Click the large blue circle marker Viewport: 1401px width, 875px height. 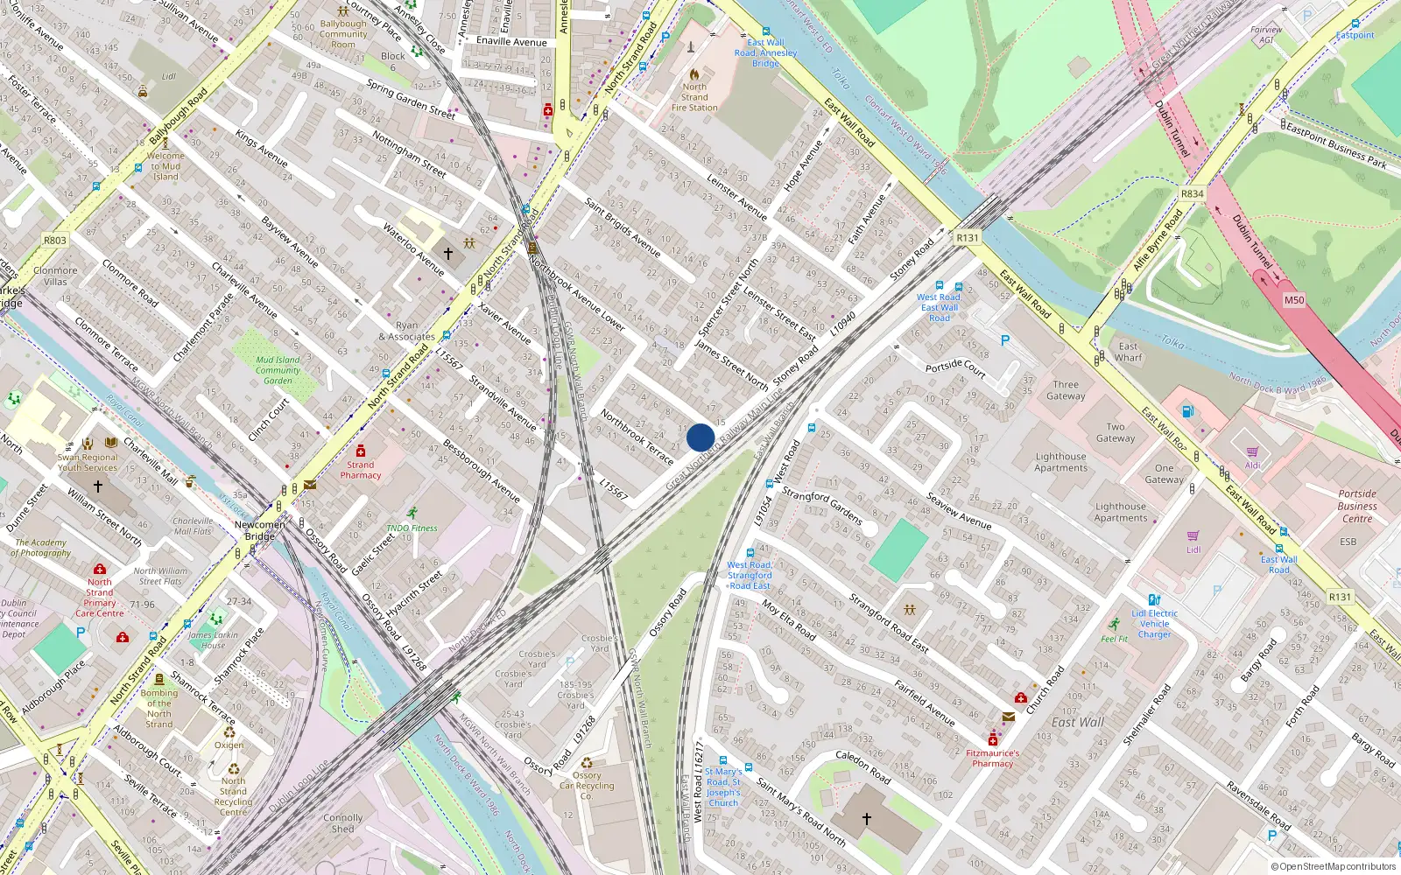[700, 437]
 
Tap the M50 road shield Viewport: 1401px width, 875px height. [1293, 300]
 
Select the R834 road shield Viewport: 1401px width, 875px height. [1192, 194]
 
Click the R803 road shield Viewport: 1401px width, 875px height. [54, 240]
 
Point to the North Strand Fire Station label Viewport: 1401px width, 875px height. [694, 97]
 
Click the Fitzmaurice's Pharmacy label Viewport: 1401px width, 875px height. [992, 758]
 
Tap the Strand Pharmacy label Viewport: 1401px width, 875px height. [361, 470]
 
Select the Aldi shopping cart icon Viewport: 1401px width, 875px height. [1253, 452]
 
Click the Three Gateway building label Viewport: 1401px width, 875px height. [1066, 390]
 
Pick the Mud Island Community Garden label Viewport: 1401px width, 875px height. [278, 370]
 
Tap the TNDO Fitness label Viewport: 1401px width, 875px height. [412, 528]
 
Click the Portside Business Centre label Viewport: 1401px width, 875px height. [1357, 506]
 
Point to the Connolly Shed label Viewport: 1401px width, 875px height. [342, 823]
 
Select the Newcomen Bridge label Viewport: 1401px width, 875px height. [259, 530]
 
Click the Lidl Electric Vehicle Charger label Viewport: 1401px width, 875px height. [1154, 623]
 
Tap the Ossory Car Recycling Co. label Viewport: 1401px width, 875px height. [587, 786]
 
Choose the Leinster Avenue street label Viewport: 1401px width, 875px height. [736, 196]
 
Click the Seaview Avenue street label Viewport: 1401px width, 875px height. [959, 512]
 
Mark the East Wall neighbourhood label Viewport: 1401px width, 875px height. [1077, 722]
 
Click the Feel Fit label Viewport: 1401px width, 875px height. [1115, 639]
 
